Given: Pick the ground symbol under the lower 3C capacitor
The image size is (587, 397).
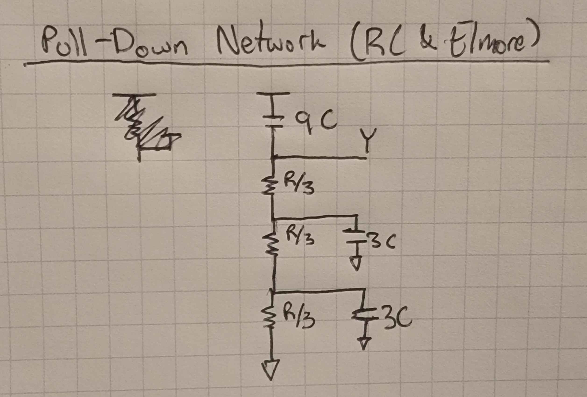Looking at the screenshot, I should point(364,343).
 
